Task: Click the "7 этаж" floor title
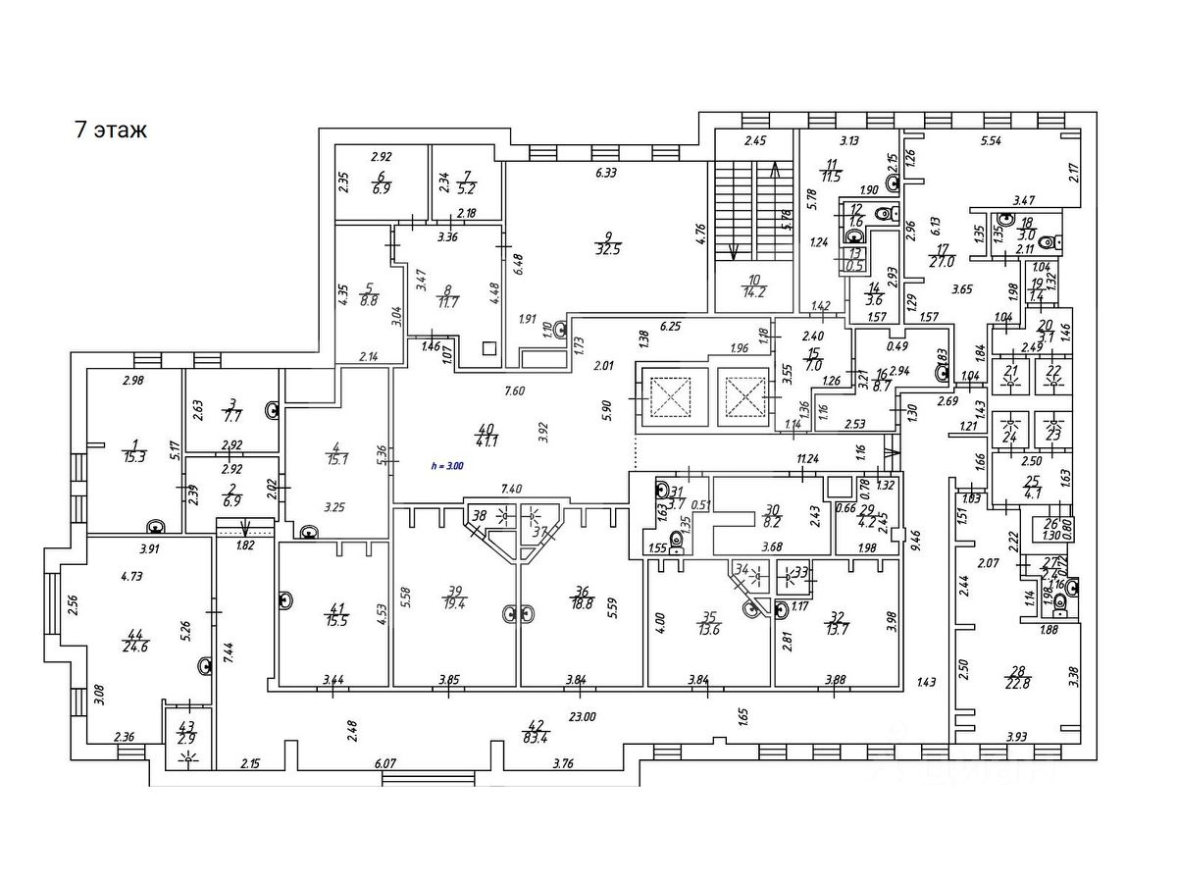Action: (111, 130)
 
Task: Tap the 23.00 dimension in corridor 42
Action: (582, 717)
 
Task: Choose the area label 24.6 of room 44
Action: (135, 649)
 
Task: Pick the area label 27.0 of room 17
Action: (944, 262)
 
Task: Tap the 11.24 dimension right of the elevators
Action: (807, 458)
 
